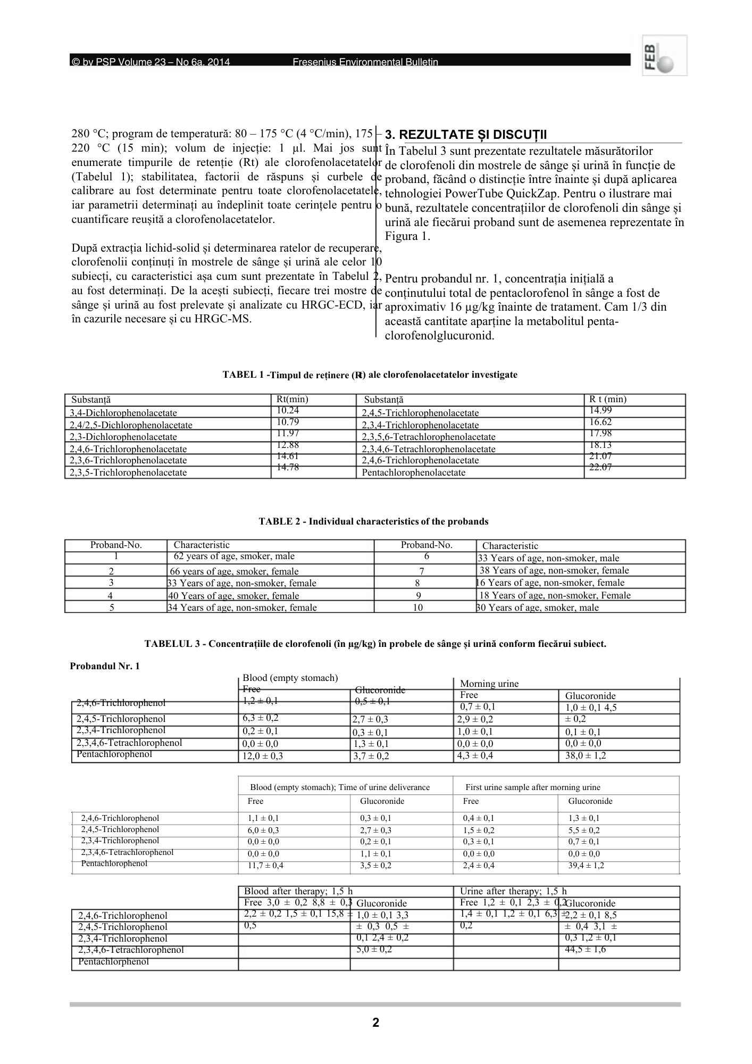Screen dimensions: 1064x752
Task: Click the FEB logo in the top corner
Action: [664, 55]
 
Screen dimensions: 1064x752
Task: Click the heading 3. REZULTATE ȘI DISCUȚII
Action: [466, 135]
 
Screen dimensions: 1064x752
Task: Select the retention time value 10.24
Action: [288, 410]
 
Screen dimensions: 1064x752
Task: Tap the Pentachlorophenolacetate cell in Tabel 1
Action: [413, 472]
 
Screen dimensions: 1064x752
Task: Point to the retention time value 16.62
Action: [600, 422]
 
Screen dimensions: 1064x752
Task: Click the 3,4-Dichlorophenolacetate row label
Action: [123, 413]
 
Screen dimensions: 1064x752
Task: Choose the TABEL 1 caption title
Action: [370, 375]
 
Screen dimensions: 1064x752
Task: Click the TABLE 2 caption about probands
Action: [373, 521]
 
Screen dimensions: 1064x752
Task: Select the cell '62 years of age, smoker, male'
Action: [234, 556]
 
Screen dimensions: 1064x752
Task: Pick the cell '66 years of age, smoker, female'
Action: [233, 571]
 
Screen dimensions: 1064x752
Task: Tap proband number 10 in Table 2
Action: [418, 608]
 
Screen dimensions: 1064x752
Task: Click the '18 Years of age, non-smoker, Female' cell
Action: [555, 595]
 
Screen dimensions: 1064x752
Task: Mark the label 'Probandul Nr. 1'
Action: [105, 666]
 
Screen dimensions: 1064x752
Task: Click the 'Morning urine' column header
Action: [489, 684]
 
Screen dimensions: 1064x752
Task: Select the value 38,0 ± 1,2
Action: [586, 755]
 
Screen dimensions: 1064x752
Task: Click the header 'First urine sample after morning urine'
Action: [532, 787]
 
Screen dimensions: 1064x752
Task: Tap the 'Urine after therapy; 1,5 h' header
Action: [513, 891]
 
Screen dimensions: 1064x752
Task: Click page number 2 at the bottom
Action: [375, 1023]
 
